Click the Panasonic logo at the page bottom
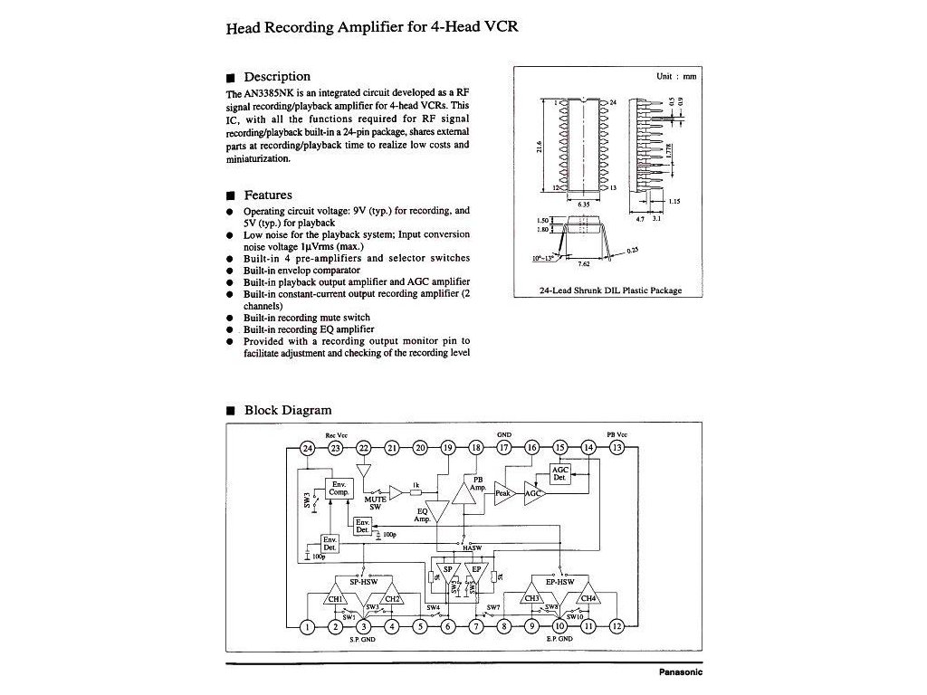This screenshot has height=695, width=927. click(680, 672)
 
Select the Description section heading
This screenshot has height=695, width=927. click(277, 77)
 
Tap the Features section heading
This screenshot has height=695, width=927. click(268, 195)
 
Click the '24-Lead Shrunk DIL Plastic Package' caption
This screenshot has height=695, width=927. click(609, 290)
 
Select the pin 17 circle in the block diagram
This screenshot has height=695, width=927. click(504, 448)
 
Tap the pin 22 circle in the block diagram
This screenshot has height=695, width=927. click(364, 448)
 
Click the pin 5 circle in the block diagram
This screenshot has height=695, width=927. click(420, 626)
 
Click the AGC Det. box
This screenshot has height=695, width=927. click(560, 473)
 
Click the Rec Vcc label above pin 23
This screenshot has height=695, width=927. click(336, 435)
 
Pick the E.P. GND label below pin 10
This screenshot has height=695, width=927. click(558, 640)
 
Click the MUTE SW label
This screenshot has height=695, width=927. click(375, 501)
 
